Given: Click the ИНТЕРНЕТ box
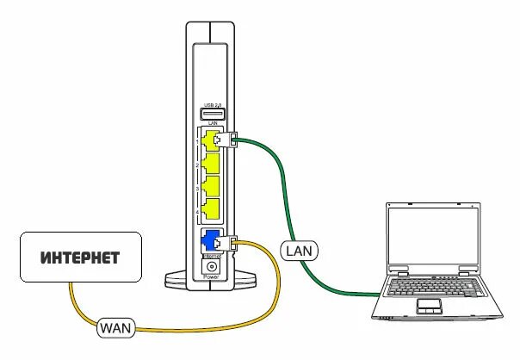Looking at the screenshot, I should point(81,258).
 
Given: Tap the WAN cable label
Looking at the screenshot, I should point(115,327).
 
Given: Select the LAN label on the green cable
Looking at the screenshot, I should point(300,251).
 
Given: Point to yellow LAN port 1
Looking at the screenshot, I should point(207,139).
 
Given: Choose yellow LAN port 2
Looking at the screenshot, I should point(207,162).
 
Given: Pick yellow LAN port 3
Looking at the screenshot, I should point(207,185).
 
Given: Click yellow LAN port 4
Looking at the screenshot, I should point(207,208).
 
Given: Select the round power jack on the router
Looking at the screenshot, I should point(208,265).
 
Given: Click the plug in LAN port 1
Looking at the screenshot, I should point(226,137).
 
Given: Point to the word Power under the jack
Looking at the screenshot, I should point(208,277).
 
